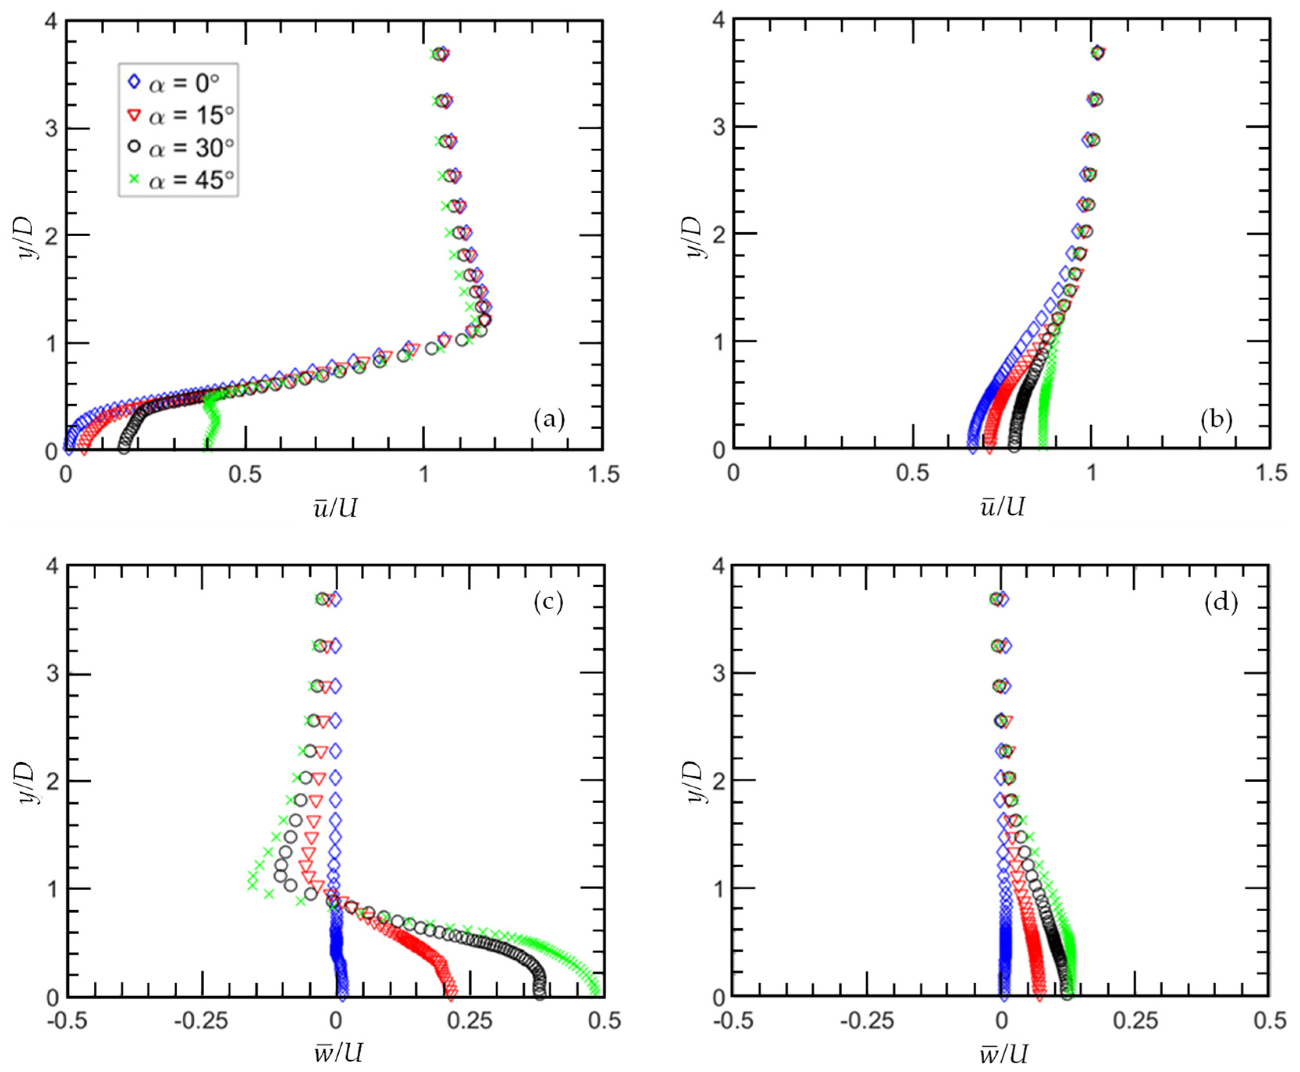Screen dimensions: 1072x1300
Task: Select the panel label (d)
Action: point(1221,602)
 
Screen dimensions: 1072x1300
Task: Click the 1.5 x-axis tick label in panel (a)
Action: point(602,474)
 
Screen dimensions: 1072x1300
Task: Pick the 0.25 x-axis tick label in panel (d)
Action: point(1135,1021)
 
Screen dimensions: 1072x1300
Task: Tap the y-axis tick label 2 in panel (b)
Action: point(718,234)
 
